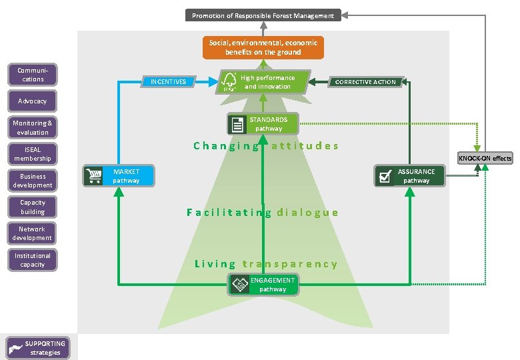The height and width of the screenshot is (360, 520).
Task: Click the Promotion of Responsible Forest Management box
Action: [263, 15]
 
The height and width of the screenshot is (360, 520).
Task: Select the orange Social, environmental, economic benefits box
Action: [263, 47]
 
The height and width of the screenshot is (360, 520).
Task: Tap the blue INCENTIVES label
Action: [168, 82]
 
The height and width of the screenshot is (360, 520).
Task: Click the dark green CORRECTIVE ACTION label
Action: [365, 82]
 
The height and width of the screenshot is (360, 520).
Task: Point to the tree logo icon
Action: [230, 82]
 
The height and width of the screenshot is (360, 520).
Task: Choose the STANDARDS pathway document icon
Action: [237, 124]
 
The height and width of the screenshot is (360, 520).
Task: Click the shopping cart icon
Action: [93, 176]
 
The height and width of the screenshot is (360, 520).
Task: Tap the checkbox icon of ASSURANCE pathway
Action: [385, 176]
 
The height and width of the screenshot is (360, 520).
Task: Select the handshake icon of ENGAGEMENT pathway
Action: [239, 285]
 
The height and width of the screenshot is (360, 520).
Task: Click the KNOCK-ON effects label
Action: [485, 158]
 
